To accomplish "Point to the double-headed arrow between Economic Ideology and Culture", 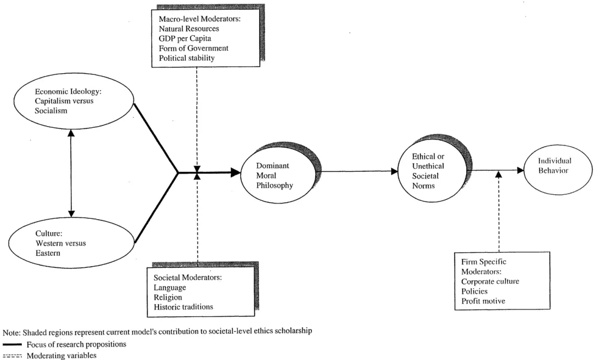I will (71, 172).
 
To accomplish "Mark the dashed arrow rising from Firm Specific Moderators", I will (498, 211).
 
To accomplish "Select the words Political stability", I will (186, 58).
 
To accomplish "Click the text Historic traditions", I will (184, 306).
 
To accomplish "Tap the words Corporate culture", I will (490, 281).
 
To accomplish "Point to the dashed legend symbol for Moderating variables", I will (12, 355).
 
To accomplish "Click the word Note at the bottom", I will (11, 331).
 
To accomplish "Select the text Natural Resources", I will (189, 29).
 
